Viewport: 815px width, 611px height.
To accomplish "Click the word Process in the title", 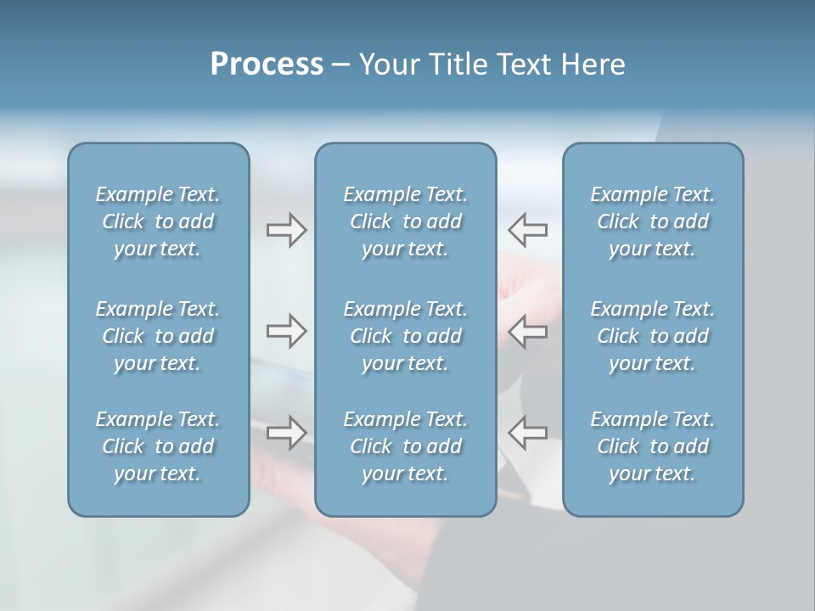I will (267, 64).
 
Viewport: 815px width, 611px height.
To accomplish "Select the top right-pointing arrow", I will (286, 230).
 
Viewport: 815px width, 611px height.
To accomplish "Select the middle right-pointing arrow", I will (286, 331).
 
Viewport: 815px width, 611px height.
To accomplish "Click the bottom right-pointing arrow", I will (286, 433).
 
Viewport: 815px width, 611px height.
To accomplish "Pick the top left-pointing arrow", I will (528, 230).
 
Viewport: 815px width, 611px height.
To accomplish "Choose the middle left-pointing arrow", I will (528, 331).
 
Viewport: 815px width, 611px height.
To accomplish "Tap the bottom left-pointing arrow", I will (528, 433).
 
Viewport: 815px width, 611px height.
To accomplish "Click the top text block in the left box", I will (158, 221).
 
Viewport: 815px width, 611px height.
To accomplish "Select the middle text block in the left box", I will (158, 336).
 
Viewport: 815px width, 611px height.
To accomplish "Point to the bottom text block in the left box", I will (158, 446).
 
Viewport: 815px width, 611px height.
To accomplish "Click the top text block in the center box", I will (406, 221).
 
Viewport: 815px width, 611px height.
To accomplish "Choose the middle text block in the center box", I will (406, 336).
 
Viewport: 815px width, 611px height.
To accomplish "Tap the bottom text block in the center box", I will (406, 446).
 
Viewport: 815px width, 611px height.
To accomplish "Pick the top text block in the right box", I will (653, 221).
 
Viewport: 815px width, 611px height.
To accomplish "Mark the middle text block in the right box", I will (653, 336).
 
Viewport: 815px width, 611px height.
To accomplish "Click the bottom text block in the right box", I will (653, 446).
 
